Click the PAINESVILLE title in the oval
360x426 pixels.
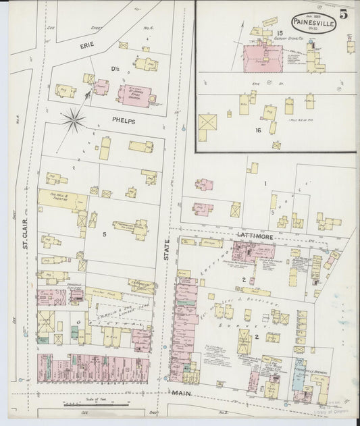[x=309, y=21]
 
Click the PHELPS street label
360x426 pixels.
[x=124, y=122]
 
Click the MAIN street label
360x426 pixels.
[x=180, y=393]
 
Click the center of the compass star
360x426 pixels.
[x=73, y=121]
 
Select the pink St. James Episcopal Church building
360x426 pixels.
[x=134, y=95]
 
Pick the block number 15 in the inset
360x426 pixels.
[x=278, y=32]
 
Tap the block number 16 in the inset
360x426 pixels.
[x=257, y=130]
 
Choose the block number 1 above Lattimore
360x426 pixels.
[x=265, y=183]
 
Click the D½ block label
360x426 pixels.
[x=115, y=70]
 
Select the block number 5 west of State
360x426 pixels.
[x=104, y=234]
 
